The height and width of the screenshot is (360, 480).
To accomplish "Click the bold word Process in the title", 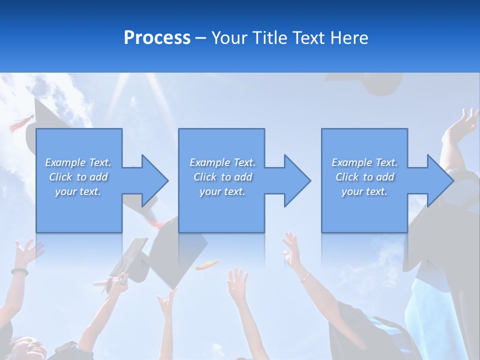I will click(157, 38).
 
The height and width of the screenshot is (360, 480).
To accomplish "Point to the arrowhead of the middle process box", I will click(296, 180).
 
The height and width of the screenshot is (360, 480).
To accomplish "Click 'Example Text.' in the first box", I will click(78, 162).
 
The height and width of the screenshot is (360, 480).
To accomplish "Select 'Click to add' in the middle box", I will click(222, 177).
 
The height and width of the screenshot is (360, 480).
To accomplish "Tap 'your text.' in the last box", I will click(364, 191).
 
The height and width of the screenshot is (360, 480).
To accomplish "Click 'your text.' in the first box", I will click(78, 191).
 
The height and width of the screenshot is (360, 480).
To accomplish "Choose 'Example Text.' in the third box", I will click(364, 162).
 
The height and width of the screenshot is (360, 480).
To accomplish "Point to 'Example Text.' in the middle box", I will click(222, 162).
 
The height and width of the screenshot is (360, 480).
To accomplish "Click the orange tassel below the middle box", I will click(207, 265).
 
